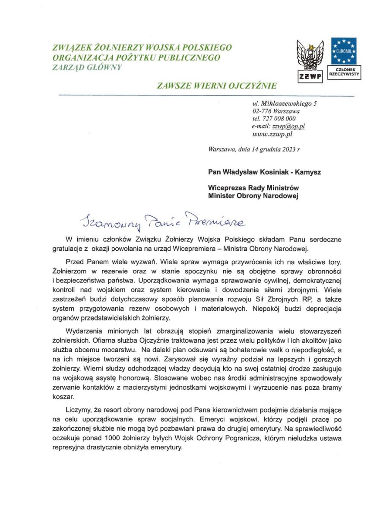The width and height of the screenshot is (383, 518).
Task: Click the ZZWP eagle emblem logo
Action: (x=310, y=56)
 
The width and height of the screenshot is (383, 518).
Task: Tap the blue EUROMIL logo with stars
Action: (x=344, y=51)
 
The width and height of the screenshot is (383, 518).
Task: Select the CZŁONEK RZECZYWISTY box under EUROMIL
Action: (x=344, y=72)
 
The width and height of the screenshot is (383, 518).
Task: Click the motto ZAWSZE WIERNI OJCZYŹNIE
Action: (x=217, y=85)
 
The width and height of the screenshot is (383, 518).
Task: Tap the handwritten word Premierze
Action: (x=215, y=220)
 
